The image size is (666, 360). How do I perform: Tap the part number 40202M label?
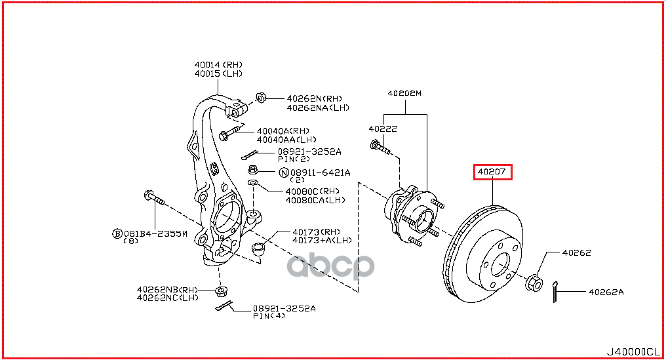404,93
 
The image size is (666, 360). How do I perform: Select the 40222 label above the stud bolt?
383,129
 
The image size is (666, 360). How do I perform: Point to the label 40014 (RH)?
218,65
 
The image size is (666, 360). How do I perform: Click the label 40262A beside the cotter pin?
606,292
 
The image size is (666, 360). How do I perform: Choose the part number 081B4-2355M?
155,233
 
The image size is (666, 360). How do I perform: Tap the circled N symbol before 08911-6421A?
284,172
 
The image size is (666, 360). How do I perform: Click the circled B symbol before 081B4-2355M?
117,233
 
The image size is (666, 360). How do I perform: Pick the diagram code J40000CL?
633,352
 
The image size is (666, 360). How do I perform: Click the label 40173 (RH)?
317,232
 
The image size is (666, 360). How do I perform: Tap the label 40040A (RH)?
283,131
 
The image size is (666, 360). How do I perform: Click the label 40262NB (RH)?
167,290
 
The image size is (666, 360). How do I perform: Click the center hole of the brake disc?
500,265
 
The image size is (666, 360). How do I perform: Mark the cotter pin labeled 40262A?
555,292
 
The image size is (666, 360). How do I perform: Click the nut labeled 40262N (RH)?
261,98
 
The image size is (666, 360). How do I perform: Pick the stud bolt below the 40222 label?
381,148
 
